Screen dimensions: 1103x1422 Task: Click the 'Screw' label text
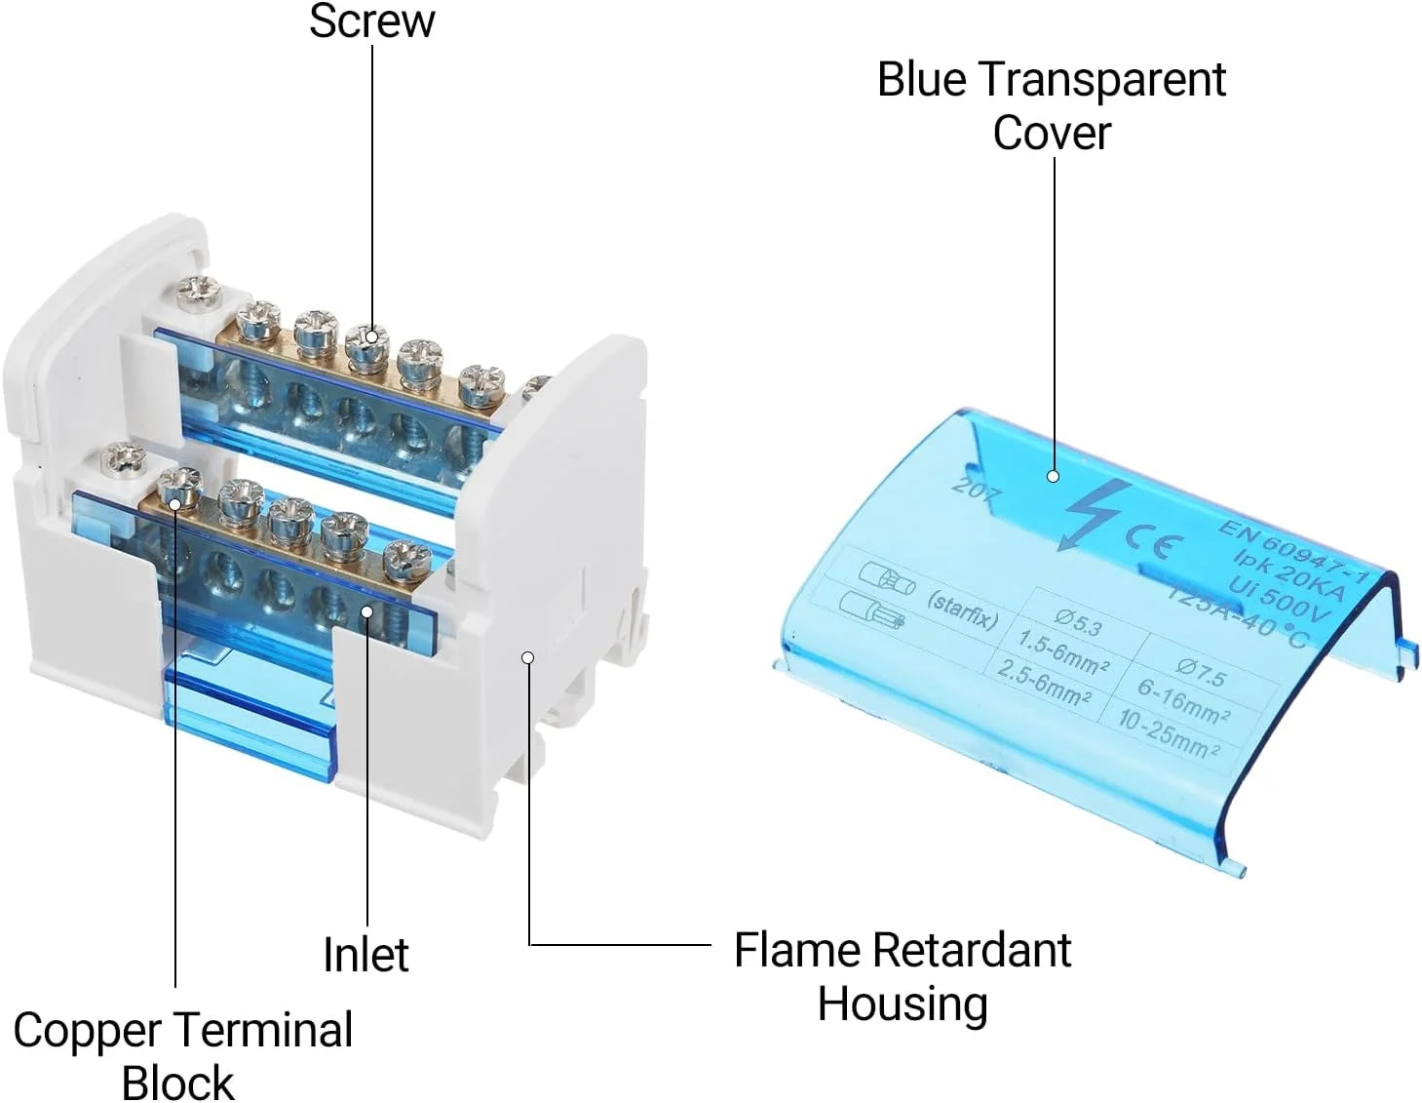point(371,21)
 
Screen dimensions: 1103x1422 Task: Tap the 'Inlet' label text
point(365,954)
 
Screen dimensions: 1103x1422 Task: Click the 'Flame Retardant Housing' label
point(903,976)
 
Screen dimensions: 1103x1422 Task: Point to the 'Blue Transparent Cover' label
point(1051,106)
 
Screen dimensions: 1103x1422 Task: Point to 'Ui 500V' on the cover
point(1279,597)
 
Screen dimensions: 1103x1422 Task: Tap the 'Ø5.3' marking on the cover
point(1078,620)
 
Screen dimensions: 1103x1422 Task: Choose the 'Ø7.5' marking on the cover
point(1201,672)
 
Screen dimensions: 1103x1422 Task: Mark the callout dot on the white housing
point(527,657)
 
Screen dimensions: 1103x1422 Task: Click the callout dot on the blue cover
point(1053,476)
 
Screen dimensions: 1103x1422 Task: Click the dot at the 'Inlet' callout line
point(367,611)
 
